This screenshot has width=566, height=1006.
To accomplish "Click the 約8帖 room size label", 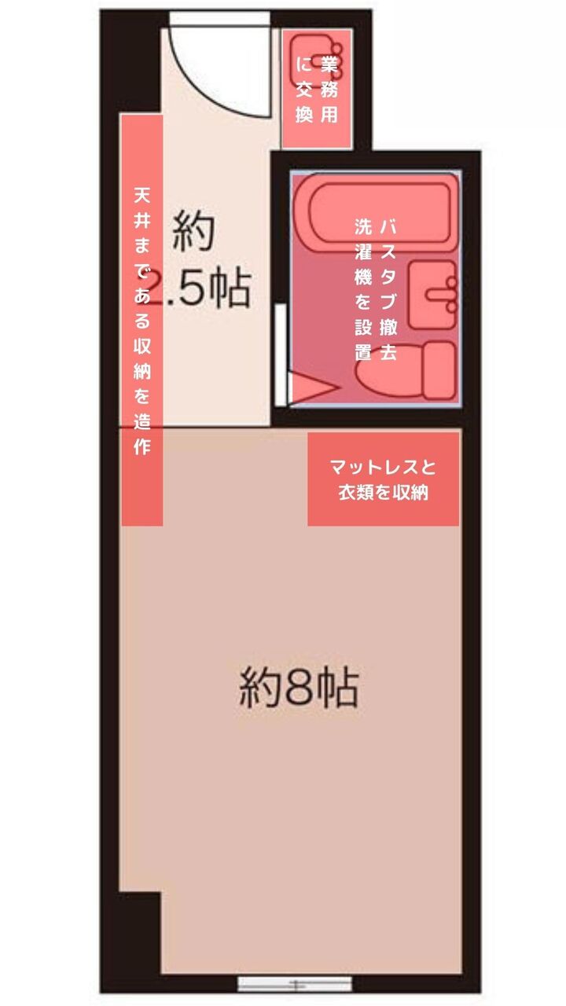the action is click(x=299, y=688).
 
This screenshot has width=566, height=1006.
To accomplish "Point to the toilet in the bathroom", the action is click(x=406, y=370).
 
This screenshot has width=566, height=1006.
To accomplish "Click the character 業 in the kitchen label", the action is click(x=329, y=66).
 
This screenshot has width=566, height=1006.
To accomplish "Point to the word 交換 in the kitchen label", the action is click(x=304, y=103).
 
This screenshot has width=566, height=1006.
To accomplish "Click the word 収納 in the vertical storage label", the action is click(x=142, y=358).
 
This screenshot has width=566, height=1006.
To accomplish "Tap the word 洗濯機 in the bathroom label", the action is click(x=363, y=253).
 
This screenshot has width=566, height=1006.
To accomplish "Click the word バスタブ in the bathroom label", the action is click(x=388, y=266).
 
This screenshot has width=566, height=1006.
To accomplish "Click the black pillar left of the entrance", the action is click(x=130, y=63).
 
